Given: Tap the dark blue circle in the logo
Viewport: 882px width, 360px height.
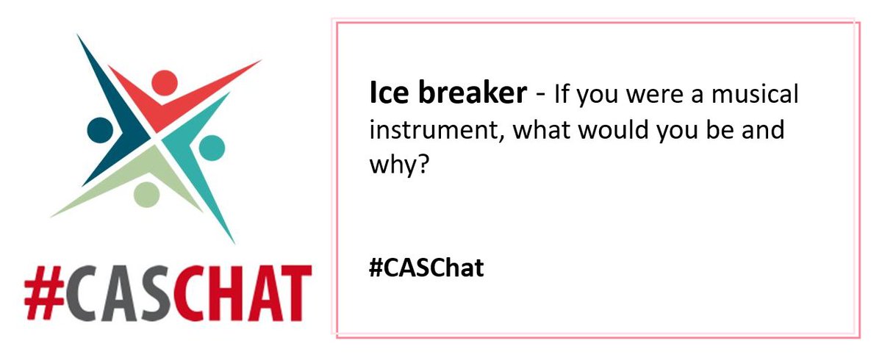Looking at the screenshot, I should [100, 129].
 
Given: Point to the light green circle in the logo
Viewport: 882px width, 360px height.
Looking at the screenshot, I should [146, 194].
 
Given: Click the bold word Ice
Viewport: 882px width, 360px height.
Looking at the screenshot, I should [385, 94].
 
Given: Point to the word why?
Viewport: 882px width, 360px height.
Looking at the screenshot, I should [397, 165].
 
